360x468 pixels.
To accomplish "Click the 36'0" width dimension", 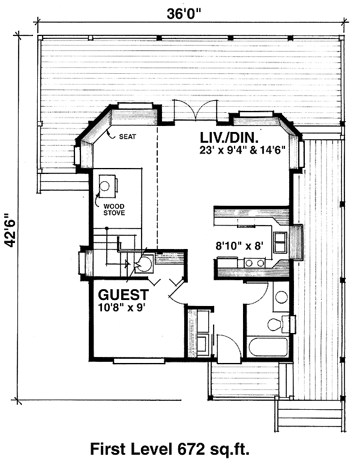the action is pos(184,14).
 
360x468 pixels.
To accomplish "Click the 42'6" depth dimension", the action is pos(11,230).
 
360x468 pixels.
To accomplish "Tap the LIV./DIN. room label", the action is pos(229,138).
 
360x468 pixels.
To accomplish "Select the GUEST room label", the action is pos(123,295).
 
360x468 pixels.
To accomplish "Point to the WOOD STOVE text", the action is pos(114,209).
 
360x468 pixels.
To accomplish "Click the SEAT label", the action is pos(127,137).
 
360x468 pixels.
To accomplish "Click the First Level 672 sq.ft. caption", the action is pos(170,449).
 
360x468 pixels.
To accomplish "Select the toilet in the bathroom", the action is pos(277,324).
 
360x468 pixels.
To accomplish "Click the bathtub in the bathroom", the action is pos(268,347).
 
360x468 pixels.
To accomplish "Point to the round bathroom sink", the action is pos(281,297).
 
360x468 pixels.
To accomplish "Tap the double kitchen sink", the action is pos(281,242).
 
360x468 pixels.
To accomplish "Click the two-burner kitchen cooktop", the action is pos(254,263).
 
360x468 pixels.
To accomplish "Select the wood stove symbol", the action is pos(106,186).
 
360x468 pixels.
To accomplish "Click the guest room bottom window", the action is pos(139,361).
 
